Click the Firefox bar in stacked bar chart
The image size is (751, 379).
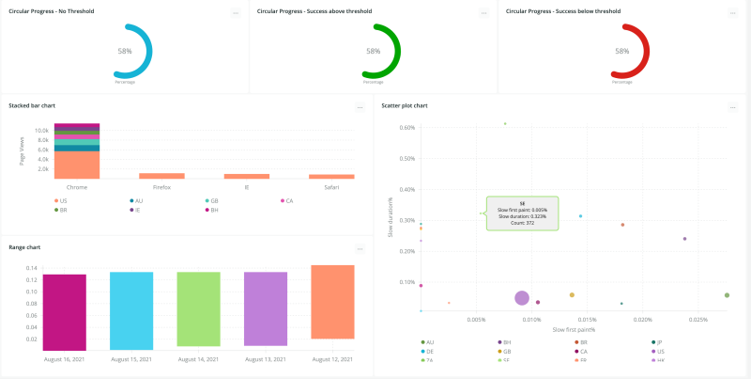click(161, 176)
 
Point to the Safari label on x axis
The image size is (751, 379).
click(331, 188)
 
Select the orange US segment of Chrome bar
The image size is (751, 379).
click(77, 166)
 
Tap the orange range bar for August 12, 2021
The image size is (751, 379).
click(332, 302)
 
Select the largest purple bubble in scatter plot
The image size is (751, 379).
click(522, 298)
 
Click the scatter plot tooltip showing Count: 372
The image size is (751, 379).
click(521, 213)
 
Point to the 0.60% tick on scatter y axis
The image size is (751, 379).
click(407, 128)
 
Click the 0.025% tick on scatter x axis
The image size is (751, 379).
click(697, 320)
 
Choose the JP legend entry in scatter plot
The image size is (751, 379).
click(660, 342)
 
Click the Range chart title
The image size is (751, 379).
click(24, 247)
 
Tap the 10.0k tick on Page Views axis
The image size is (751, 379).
click(42, 131)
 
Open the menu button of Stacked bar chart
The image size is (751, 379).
click(360, 108)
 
